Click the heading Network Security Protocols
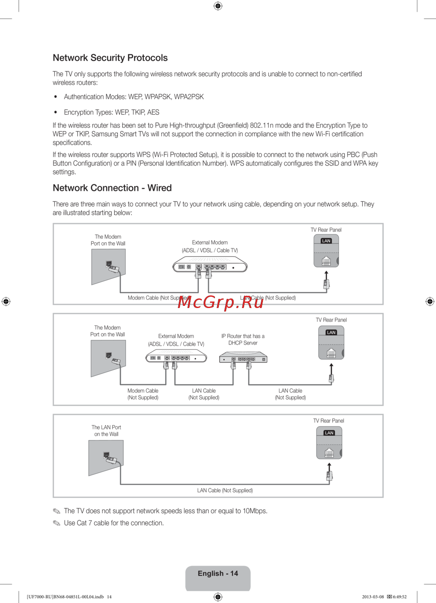pyautogui.click(x=110, y=58)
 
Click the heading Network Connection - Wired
pyautogui.click(x=112, y=188)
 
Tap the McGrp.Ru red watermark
pyautogui.click(x=221, y=301)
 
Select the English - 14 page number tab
pyautogui.click(x=218, y=574)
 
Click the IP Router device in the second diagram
pyautogui.click(x=243, y=359)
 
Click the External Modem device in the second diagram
pyautogui.click(x=176, y=358)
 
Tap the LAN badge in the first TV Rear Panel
pyautogui.click(x=326, y=241)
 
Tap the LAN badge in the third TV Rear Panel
pyautogui.click(x=329, y=433)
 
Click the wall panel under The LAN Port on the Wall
pyautogui.click(x=106, y=457)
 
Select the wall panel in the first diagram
pyautogui.click(x=109, y=266)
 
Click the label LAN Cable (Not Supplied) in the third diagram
pyautogui.click(x=225, y=491)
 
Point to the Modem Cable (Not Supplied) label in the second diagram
pyautogui.click(x=143, y=394)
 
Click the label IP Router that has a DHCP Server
pyautogui.click(x=243, y=339)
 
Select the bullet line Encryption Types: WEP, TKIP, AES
pyautogui.click(x=112, y=112)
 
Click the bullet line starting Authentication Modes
pyautogui.click(x=134, y=97)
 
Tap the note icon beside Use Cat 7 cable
pyautogui.click(x=57, y=523)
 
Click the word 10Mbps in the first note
pyautogui.click(x=255, y=511)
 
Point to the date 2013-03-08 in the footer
pyautogui.click(x=373, y=597)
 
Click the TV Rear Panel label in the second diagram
pyautogui.click(x=331, y=320)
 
